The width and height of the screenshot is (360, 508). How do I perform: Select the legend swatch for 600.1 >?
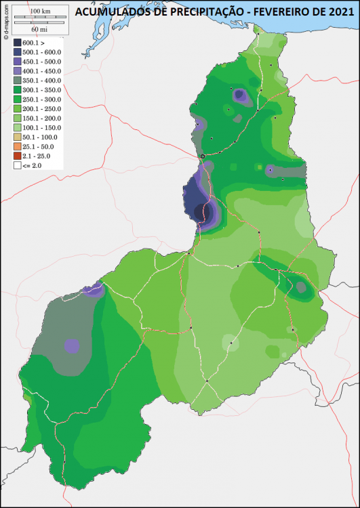pyautogui.click(x=17, y=43)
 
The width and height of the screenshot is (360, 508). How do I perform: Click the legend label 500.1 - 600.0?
pyautogui.click(x=41, y=52)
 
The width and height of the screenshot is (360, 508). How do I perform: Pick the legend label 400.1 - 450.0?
pyautogui.click(x=41, y=71)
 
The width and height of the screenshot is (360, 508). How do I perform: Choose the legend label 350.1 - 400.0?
pyautogui.click(x=41, y=81)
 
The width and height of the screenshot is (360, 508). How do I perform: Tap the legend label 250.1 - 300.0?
pyautogui.click(x=41, y=99)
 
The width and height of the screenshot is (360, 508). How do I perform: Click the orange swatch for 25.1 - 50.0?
pyautogui.click(x=17, y=146)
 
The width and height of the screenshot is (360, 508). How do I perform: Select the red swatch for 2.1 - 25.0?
pyautogui.click(x=17, y=156)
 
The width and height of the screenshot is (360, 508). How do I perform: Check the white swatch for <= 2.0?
pyautogui.click(x=17, y=165)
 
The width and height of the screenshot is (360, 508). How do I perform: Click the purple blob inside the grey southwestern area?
pyautogui.click(x=71, y=345)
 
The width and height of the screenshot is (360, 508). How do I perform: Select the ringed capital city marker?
pyautogui.click(x=202, y=156)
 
